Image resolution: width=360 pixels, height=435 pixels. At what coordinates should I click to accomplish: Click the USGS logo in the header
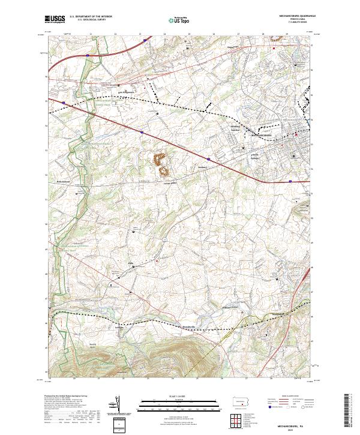tap(55, 19)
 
